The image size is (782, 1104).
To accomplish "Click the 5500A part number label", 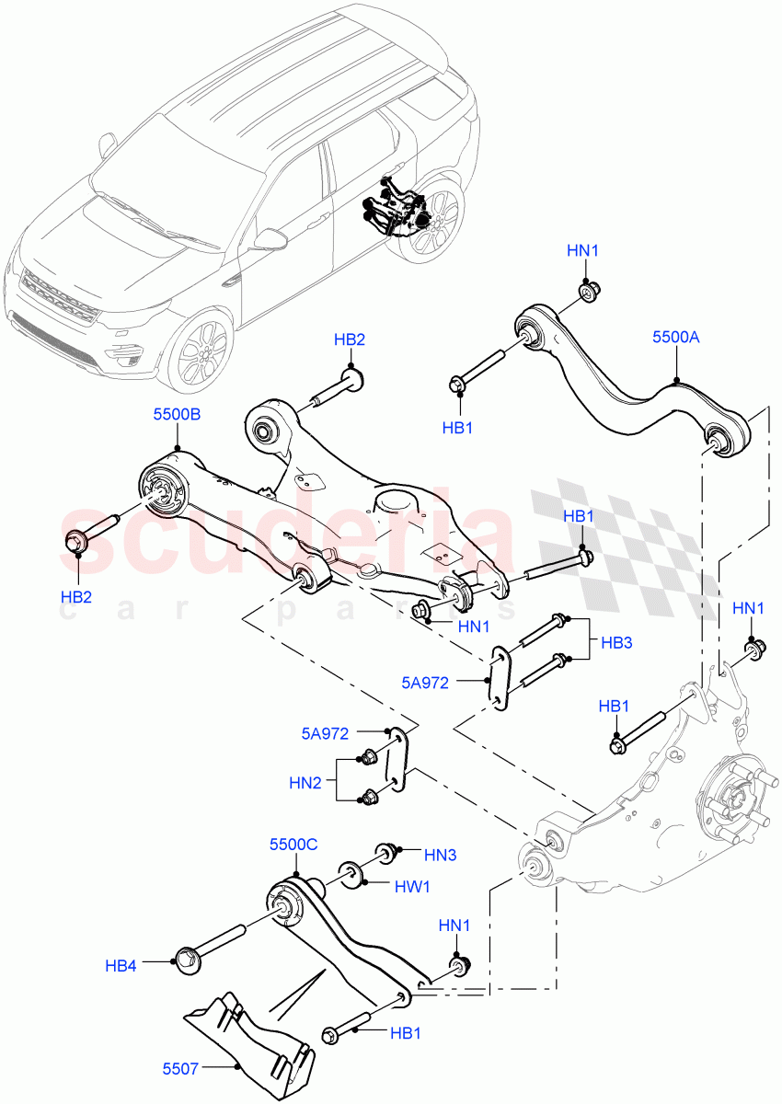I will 676,338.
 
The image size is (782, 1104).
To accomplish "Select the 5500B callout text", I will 177,415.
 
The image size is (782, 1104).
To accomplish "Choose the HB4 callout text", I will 121,965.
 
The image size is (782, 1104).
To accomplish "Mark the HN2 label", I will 305,783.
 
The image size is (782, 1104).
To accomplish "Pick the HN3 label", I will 441,855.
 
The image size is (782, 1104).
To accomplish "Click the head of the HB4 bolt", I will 184,960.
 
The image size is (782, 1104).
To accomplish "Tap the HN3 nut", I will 384,851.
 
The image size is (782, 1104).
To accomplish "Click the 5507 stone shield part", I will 247,1035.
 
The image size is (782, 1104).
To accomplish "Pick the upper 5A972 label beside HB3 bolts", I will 425,683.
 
